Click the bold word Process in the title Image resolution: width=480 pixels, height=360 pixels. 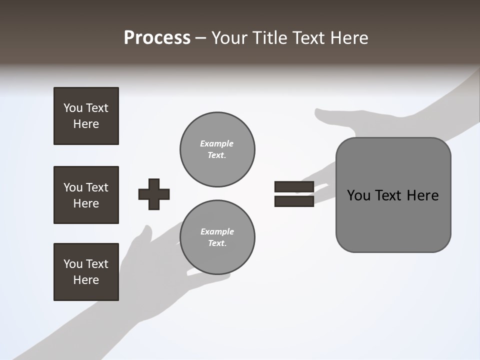[157, 38]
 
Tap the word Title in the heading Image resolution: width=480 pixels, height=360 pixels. [269, 38]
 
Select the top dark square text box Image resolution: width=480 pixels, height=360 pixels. [86, 116]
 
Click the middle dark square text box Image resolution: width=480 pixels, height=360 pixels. [86, 195]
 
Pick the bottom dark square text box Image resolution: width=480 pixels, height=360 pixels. [86, 272]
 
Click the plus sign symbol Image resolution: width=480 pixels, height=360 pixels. [154, 194]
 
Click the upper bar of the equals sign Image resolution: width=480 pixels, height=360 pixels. [294, 186]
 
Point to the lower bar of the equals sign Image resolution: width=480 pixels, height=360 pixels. [294, 201]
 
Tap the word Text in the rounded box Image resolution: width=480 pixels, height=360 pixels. [390, 195]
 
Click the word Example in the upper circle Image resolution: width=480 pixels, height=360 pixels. [216, 143]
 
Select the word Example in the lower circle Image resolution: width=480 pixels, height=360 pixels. [217, 231]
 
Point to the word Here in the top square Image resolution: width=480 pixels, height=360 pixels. [86, 124]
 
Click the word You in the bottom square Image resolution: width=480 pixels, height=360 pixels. [72, 264]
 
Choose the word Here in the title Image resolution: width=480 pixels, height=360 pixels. [349, 38]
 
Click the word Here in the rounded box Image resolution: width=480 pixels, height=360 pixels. [422, 195]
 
